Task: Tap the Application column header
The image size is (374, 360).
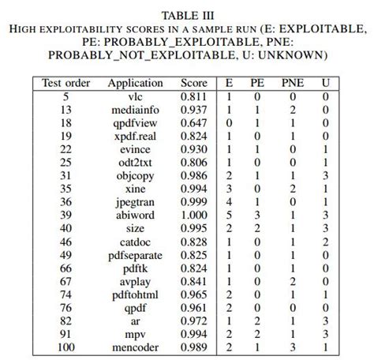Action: click(135, 83)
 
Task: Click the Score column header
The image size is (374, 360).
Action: click(193, 83)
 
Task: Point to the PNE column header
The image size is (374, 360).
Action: click(292, 83)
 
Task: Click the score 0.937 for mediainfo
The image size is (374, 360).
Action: click(193, 109)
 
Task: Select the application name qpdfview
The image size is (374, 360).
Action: click(135, 122)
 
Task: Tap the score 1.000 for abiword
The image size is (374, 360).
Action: click(193, 213)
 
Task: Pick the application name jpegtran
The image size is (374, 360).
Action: click(135, 201)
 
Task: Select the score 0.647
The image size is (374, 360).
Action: click(193, 122)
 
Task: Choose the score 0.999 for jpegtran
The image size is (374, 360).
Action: click(193, 201)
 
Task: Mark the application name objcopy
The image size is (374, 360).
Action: click(135, 174)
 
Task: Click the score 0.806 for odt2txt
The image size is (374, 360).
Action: click(193, 161)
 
